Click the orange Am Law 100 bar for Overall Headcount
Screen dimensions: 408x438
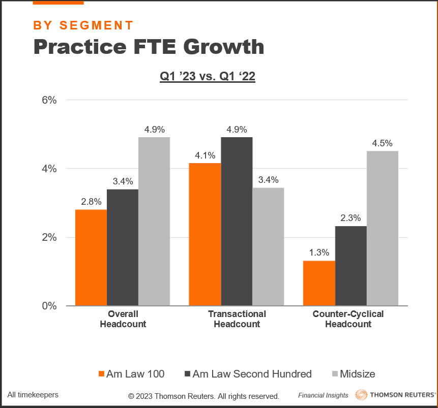[x=91, y=258]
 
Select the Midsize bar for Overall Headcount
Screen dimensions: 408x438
[x=154, y=222]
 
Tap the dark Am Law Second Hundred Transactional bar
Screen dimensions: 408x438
[x=237, y=222]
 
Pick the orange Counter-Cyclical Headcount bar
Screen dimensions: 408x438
[x=319, y=284]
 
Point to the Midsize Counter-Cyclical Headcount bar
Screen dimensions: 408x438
[x=382, y=229]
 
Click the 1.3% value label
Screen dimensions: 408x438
[x=319, y=252]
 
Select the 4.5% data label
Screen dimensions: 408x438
[x=382, y=143]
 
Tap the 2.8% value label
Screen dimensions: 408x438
[x=91, y=201]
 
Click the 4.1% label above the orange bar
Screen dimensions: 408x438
[x=205, y=155]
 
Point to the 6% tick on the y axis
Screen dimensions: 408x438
[x=49, y=100]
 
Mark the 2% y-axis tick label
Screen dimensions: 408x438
[x=49, y=237]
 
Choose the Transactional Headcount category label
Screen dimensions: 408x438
[x=237, y=319]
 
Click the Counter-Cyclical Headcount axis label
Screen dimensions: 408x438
[x=348, y=319]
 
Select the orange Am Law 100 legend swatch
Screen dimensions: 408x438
[x=100, y=374]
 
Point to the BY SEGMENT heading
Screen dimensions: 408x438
[x=83, y=25]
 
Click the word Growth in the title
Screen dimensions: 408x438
[x=223, y=47]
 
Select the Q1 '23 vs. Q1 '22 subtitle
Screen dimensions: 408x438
[x=208, y=77]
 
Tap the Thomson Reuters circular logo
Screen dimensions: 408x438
[x=361, y=395]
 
